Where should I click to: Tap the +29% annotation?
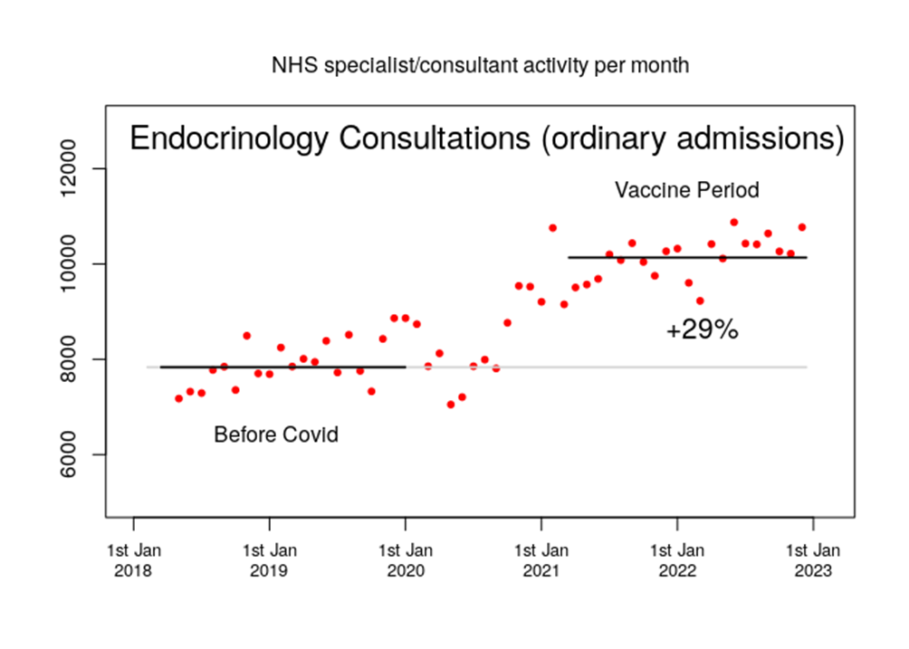point(702,330)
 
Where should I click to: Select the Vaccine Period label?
point(686,191)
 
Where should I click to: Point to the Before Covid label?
point(276,435)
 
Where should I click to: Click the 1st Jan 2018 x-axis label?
point(134,560)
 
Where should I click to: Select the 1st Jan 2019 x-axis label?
point(270,560)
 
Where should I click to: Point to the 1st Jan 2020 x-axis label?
point(406,560)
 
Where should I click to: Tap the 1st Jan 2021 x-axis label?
point(541,560)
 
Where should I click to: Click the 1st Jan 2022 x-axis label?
point(677,560)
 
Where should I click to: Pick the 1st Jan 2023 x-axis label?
point(813,560)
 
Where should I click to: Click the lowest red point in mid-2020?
point(451,405)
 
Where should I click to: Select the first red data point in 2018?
point(178,398)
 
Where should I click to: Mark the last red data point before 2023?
point(802,227)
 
